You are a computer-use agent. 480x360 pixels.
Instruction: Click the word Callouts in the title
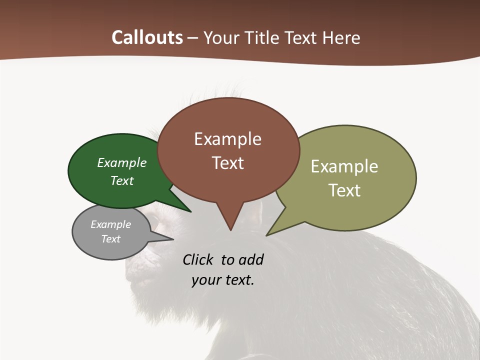[x=147, y=37]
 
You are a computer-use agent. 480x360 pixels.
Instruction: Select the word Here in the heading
[x=341, y=38]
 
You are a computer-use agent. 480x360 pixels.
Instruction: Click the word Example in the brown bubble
[x=227, y=139]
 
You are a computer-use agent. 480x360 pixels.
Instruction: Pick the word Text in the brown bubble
[x=227, y=163]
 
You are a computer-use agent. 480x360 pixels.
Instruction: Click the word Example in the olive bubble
[x=344, y=166]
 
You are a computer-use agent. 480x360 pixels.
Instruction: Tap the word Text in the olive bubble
[x=344, y=190]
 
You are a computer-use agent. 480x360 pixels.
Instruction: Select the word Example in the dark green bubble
[x=122, y=163]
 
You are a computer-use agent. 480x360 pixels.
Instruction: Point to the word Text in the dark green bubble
[x=122, y=180]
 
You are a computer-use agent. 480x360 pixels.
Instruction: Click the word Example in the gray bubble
[x=110, y=224]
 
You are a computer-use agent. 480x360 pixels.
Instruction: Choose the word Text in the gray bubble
[x=110, y=239]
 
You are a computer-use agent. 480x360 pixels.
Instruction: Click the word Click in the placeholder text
[x=198, y=259]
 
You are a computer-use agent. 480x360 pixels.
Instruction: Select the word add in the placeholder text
[x=251, y=259]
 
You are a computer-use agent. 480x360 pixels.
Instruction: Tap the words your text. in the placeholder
[x=223, y=280]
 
